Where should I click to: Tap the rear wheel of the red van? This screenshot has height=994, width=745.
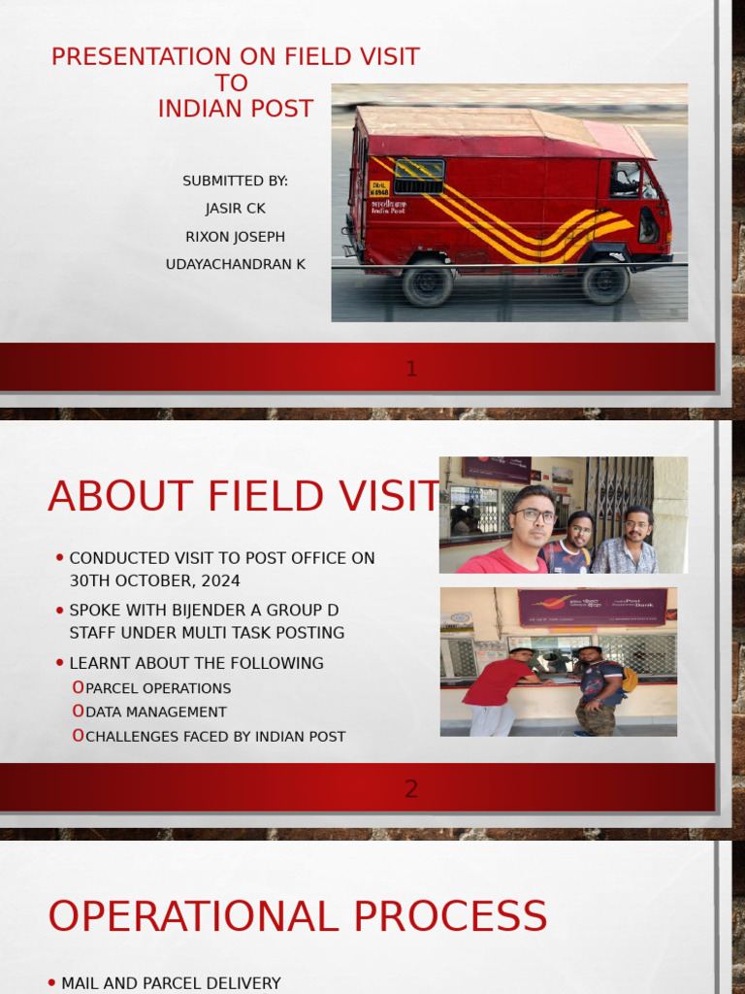coord(427,282)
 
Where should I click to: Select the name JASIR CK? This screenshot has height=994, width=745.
coord(236,209)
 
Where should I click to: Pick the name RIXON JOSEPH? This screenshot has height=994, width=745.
coord(236,237)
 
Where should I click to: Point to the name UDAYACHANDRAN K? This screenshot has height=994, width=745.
coord(236,264)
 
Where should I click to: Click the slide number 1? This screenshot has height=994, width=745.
coord(411,368)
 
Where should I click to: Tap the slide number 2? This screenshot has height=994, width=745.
coord(411,788)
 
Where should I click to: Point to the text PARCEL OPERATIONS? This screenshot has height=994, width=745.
coord(158,688)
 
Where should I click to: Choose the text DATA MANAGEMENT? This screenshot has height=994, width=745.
coord(156,712)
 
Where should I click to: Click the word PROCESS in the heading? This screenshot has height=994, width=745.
coord(476,917)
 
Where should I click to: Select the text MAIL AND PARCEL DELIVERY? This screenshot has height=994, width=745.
coord(171,983)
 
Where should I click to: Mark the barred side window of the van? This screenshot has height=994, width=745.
coord(419,176)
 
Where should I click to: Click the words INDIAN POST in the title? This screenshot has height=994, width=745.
coord(236,108)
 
